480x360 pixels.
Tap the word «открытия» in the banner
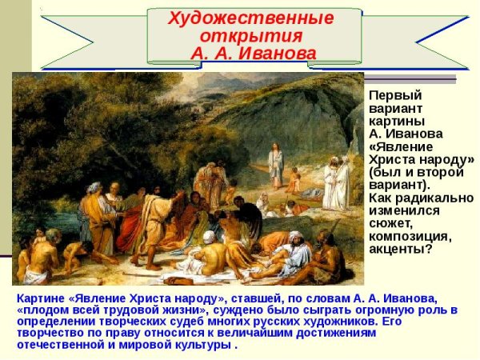pos(251,37)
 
